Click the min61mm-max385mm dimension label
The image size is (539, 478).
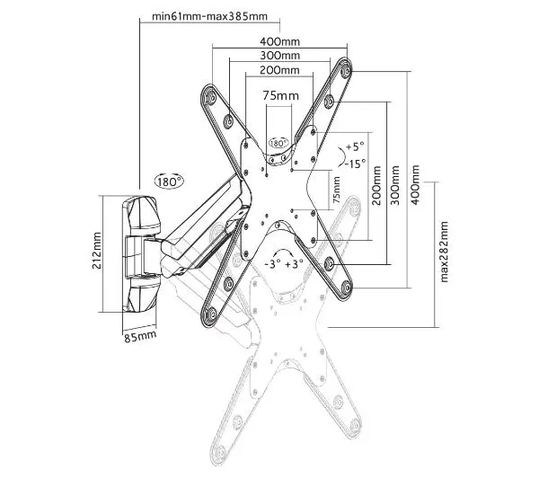click(x=209, y=16)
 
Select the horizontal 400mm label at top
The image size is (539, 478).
click(x=279, y=41)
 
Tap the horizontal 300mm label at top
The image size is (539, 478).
click(x=279, y=56)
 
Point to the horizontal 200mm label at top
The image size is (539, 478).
click(x=279, y=70)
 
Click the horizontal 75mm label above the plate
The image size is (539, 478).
click(x=281, y=95)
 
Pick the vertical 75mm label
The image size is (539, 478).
click(x=336, y=190)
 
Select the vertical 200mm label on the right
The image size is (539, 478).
click(x=376, y=185)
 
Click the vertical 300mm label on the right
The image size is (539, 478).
click(x=395, y=185)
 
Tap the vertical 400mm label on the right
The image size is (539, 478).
click(x=415, y=185)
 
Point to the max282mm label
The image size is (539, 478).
click(x=444, y=252)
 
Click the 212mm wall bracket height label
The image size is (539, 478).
click(x=97, y=251)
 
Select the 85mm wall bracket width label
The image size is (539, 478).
click(x=140, y=336)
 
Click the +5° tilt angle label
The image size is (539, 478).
click(x=355, y=146)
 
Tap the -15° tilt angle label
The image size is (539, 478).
click(x=356, y=164)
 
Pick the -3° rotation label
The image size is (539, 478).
click(x=273, y=264)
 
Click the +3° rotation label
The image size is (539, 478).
click(x=295, y=264)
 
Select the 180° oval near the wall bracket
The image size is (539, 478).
click(x=169, y=181)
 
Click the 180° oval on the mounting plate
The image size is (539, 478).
click(x=278, y=143)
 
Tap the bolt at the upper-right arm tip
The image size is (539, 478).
click(x=346, y=71)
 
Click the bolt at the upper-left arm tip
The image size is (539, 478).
click(x=209, y=98)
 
